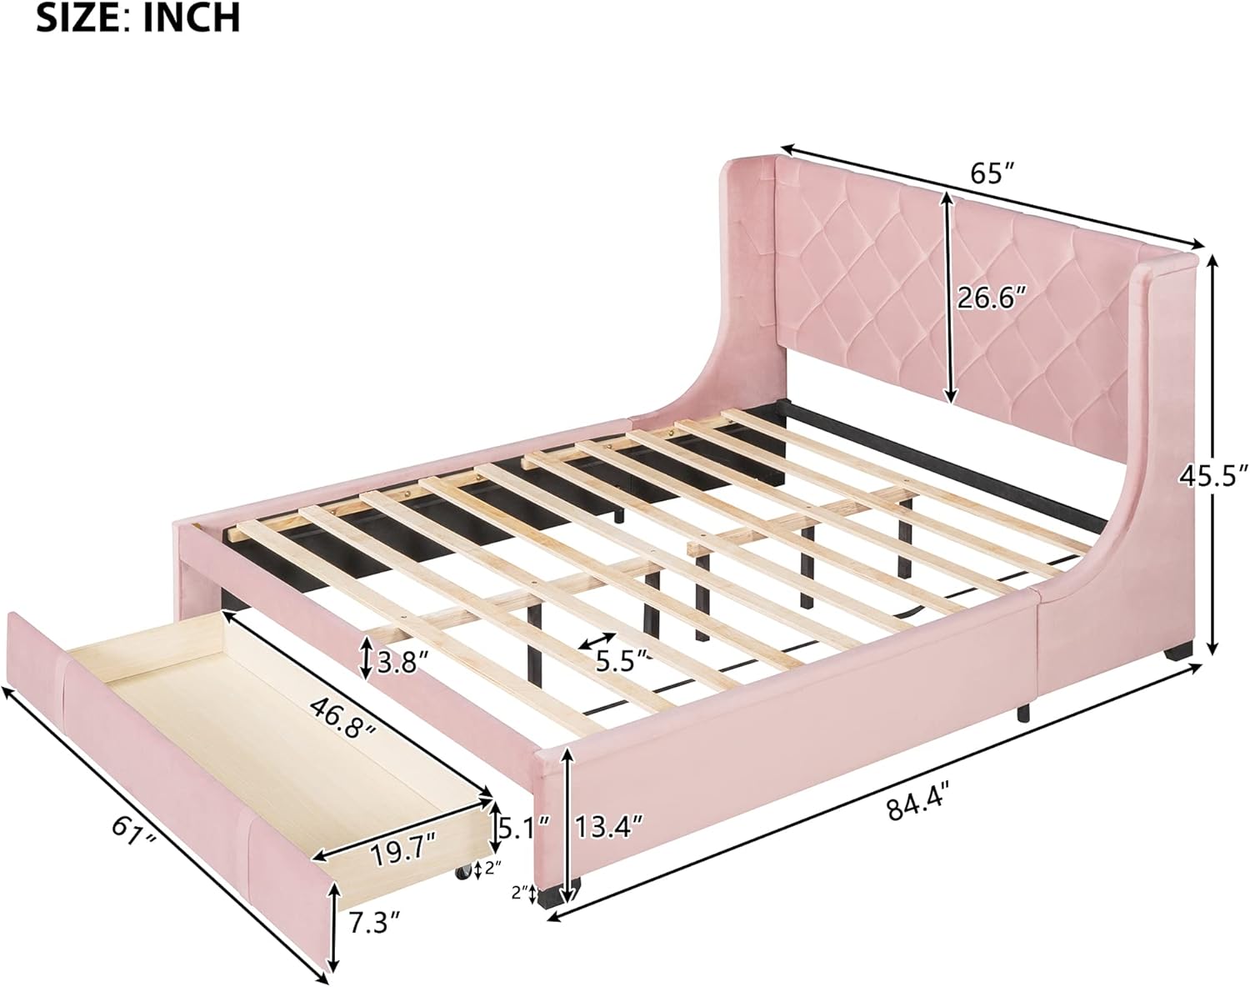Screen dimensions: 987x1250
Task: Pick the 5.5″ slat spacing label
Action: tap(621, 660)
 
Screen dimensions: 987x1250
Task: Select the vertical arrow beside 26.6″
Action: tap(947, 296)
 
